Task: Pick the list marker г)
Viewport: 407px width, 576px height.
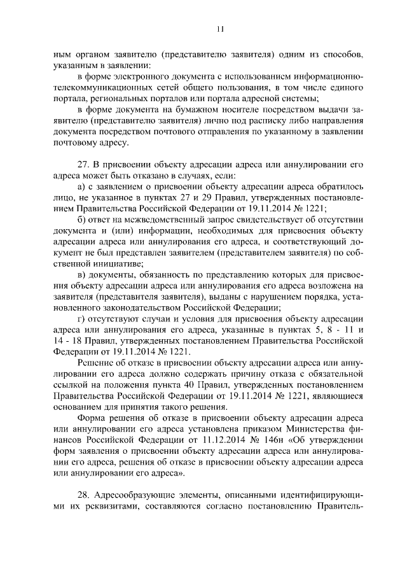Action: pyautogui.click(x=80, y=318)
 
